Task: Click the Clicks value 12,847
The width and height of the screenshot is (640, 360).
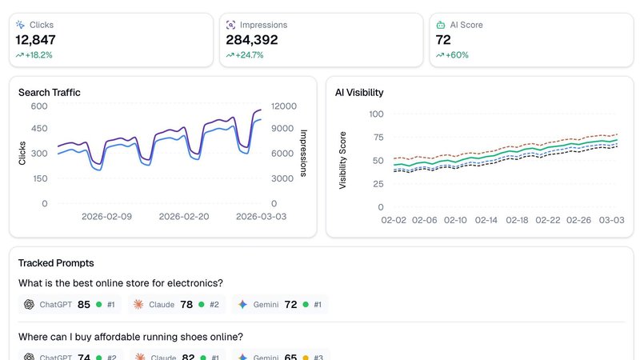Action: tap(35, 39)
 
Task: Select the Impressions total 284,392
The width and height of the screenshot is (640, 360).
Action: tap(252, 39)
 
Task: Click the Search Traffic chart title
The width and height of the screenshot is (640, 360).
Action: tap(50, 93)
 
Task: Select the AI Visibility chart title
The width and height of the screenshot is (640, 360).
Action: tap(359, 93)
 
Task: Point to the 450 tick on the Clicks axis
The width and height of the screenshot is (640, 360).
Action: tap(39, 130)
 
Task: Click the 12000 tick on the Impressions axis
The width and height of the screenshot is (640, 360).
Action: tap(284, 106)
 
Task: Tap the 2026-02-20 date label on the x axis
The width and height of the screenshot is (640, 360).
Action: tap(184, 217)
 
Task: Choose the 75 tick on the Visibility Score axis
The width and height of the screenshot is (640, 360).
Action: tap(376, 137)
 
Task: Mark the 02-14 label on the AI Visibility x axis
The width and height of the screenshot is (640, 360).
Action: tap(487, 220)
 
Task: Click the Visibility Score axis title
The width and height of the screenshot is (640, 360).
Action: tap(343, 160)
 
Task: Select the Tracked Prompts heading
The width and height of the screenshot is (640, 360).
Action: tap(56, 263)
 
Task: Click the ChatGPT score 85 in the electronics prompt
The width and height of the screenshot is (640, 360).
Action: tap(83, 305)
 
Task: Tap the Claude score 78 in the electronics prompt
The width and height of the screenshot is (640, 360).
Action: tap(186, 305)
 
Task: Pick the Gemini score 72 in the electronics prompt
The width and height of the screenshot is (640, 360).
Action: tap(290, 305)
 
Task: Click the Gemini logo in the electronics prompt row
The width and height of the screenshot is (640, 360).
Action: tap(242, 305)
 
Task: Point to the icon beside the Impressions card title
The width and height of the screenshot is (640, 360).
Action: tap(231, 25)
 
